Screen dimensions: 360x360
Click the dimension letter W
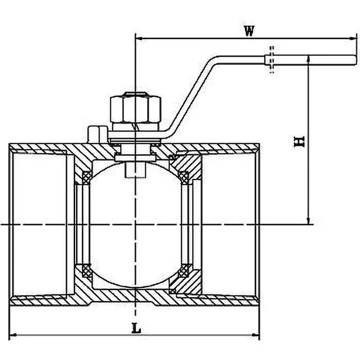pos(249,31)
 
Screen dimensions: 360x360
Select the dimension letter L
pos(136,328)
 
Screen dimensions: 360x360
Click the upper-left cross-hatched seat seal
pos(86,177)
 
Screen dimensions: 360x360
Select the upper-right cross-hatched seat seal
pos(184,177)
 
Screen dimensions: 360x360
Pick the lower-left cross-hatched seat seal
pos(86,271)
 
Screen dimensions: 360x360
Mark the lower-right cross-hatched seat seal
pos(184,271)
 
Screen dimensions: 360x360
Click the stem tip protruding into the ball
pos(135,170)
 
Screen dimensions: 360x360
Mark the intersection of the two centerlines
pos(135,224)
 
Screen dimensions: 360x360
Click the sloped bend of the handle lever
pos(193,94)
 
